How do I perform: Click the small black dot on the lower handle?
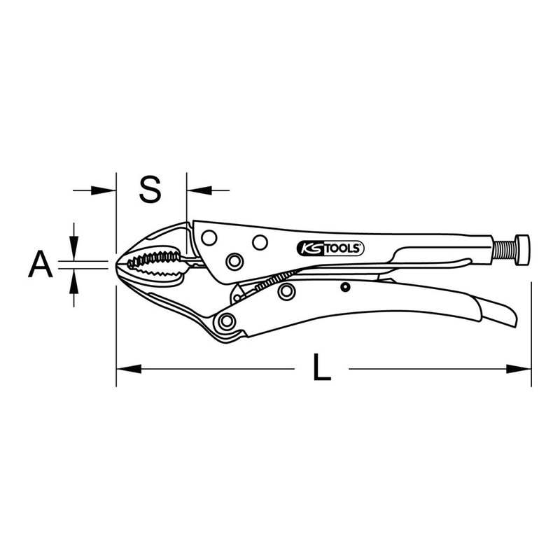tap(344, 286)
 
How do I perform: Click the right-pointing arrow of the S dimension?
tap(104, 189)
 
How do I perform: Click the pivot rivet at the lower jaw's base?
tap(225, 321)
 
